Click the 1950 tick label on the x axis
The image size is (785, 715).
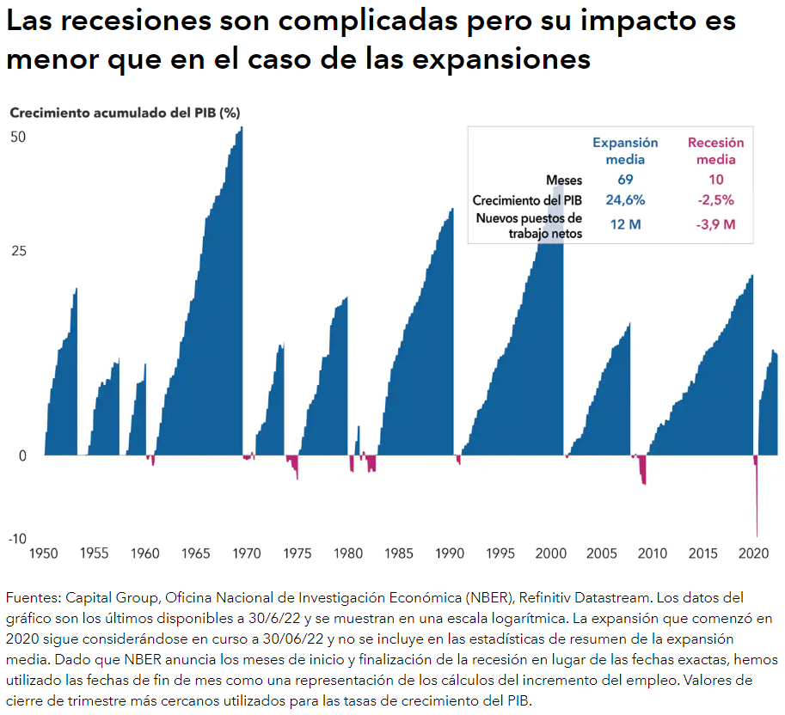coord(44,554)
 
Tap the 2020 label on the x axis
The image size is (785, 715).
coord(754,554)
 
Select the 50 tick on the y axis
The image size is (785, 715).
coord(19,137)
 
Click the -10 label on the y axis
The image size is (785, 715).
coord(17,539)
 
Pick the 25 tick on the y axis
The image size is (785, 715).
coord(19,251)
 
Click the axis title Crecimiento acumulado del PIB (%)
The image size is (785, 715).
coord(125,113)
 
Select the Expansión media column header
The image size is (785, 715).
coord(625,151)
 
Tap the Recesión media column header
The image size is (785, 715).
coord(715,151)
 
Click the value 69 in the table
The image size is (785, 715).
coord(625,180)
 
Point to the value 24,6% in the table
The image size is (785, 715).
coord(625,200)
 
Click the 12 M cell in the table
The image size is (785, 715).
coord(625,225)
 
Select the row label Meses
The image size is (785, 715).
coord(564,180)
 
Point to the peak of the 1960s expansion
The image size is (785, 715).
coord(242,128)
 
